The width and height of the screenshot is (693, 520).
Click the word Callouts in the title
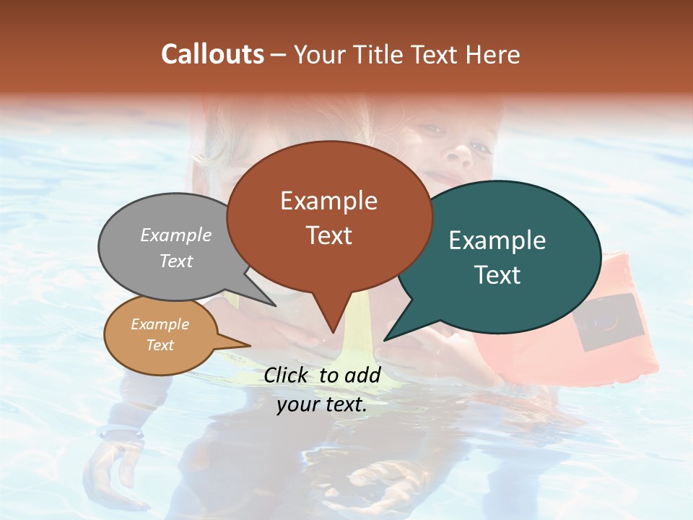point(212,54)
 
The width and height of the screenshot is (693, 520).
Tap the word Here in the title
point(492,54)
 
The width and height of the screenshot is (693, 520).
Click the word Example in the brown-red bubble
point(328,201)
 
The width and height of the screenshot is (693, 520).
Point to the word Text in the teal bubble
point(497,275)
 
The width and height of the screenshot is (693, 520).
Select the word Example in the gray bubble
point(175,235)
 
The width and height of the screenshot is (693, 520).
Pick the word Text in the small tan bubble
point(160,345)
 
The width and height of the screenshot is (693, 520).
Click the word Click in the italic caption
point(287,375)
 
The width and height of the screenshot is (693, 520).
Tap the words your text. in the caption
point(322,405)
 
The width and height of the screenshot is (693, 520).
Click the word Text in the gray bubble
point(175,261)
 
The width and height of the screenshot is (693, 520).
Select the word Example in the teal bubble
point(497,240)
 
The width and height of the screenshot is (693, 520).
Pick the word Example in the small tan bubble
point(160,325)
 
